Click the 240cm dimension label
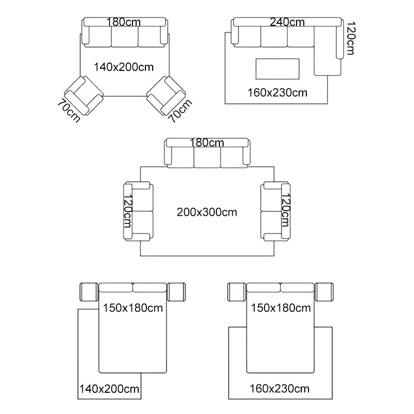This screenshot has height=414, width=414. (x=287, y=22)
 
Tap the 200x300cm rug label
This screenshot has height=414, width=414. (x=206, y=212)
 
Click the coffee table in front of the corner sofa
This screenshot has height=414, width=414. (x=277, y=69)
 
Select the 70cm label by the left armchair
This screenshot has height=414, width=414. (x=69, y=111)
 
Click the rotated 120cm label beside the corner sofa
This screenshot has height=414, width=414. (x=351, y=38)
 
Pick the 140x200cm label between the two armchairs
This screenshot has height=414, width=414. (x=124, y=67)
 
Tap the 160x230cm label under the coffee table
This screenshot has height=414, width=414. (x=277, y=93)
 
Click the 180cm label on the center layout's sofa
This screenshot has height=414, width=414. (x=206, y=143)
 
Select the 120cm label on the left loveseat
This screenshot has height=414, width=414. (x=128, y=211)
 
